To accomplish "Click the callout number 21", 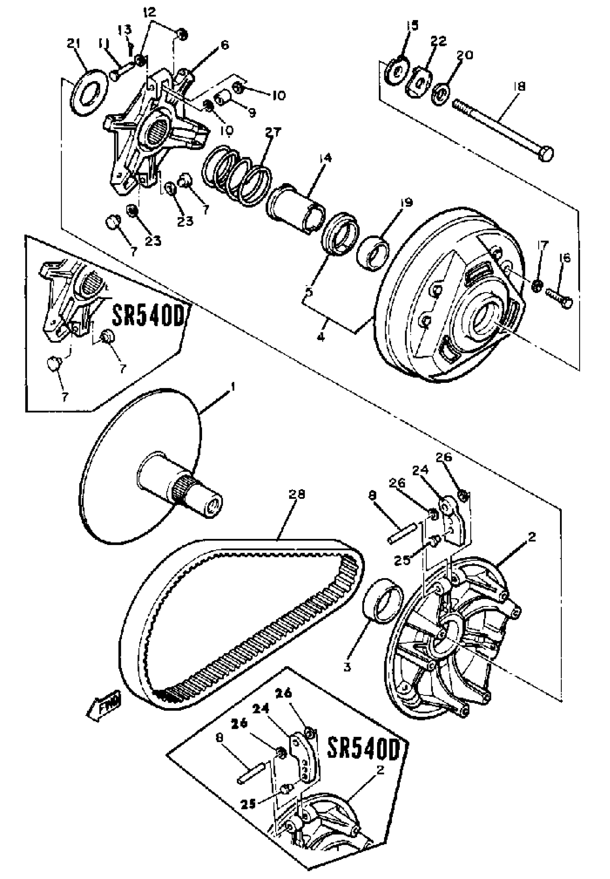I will (74, 45).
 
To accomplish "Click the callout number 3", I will (347, 668).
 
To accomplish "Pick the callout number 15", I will (412, 25).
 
